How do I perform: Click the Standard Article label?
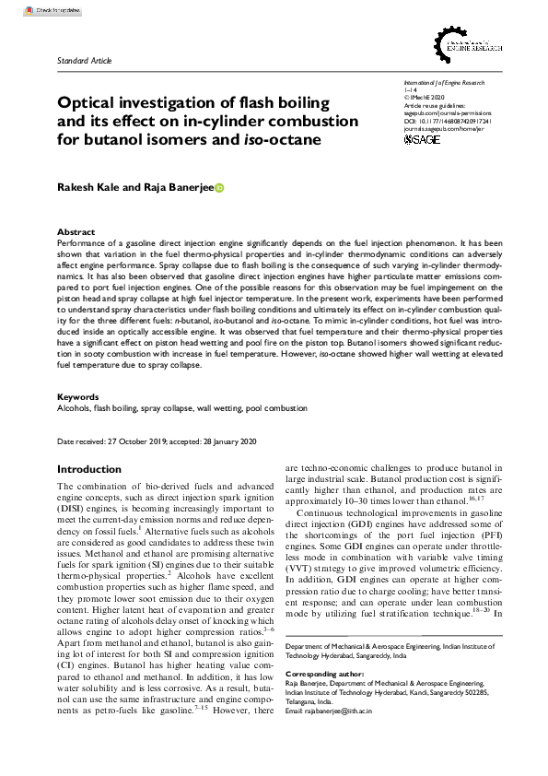pos(84,61)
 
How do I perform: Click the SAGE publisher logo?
pos(423,139)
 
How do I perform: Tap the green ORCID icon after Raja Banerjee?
pos(219,188)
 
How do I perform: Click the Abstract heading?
pos(76,231)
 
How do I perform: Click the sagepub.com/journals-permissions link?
pos(448,112)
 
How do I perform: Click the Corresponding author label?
pos(321,674)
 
